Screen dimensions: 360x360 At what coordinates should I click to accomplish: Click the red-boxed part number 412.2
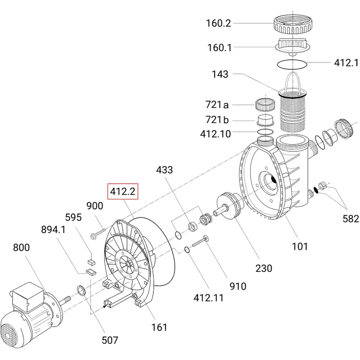click(122, 191)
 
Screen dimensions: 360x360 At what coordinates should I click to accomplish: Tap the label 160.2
click(218, 23)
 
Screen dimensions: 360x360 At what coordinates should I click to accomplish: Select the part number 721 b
click(217, 120)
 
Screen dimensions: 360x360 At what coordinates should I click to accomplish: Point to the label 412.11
click(208, 298)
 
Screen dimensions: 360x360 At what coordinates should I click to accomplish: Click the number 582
click(351, 219)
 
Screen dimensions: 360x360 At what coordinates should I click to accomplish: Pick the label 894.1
click(53, 229)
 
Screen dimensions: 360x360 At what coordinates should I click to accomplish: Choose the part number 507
click(110, 340)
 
